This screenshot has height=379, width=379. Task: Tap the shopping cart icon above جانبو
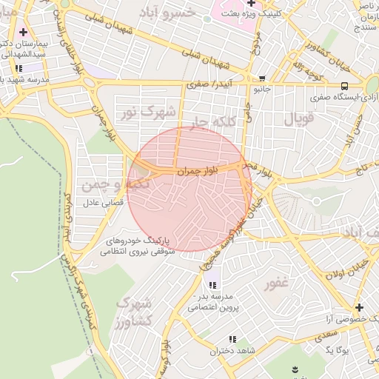click(261, 78)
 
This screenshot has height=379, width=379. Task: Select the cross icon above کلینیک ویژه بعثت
click(251, 4)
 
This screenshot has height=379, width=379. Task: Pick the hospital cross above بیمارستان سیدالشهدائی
click(24, 32)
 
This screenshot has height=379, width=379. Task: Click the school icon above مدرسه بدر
click(213, 284)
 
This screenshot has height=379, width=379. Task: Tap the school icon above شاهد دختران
click(232, 339)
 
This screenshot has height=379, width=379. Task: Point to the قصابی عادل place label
click(85, 201)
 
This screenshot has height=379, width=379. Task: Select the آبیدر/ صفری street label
click(198, 85)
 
